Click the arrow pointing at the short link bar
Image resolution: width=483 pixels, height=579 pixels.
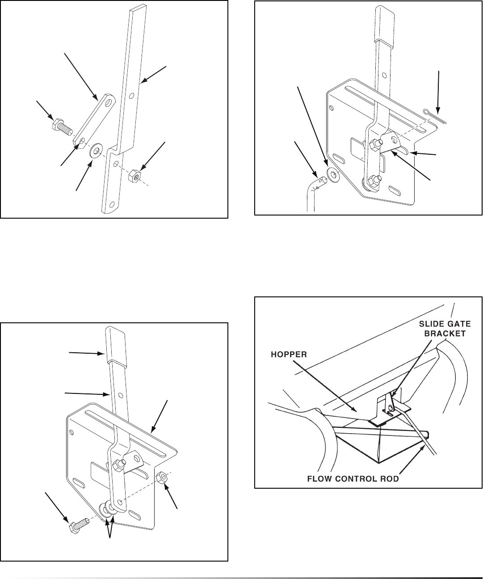(80, 76)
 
